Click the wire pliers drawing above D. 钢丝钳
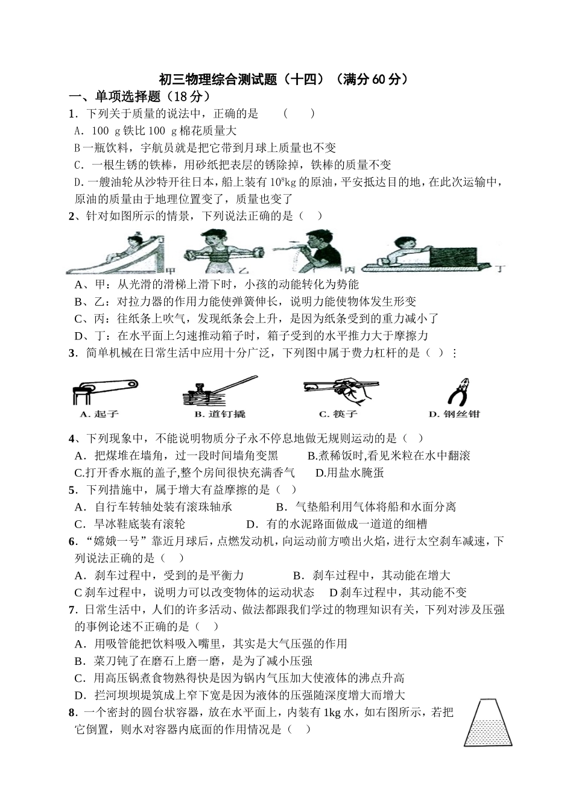(458, 391)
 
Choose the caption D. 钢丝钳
(454, 414)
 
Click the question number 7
(72, 609)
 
